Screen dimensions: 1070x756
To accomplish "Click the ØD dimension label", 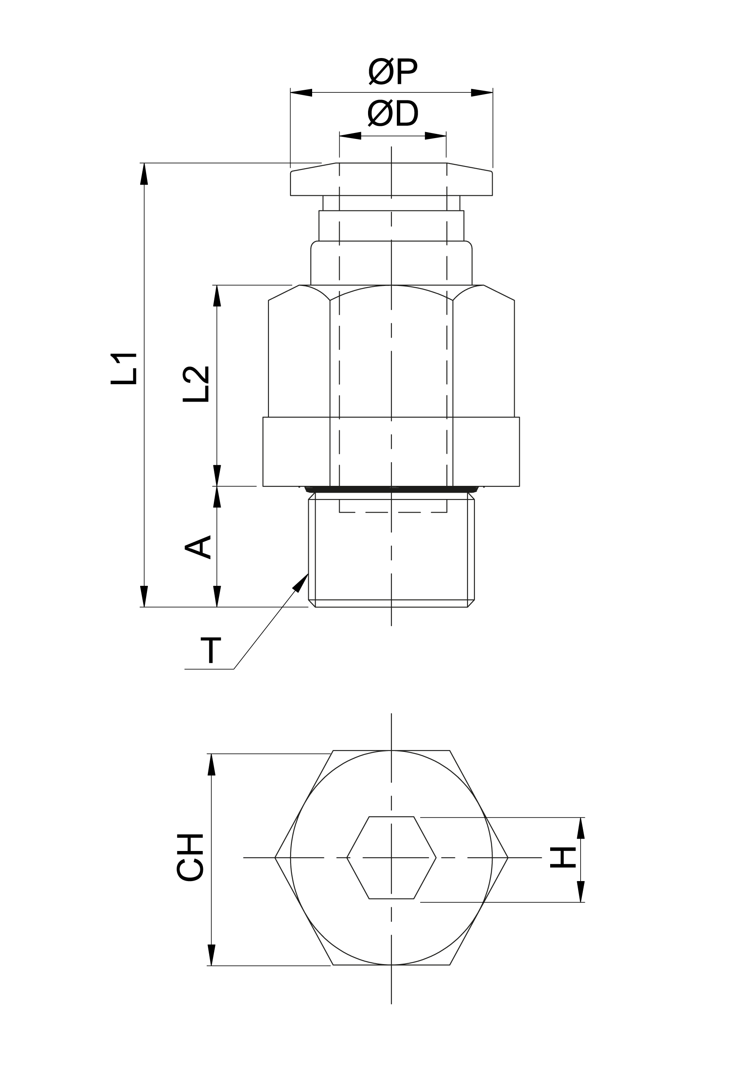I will (393, 114).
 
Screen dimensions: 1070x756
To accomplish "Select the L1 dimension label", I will (124, 369).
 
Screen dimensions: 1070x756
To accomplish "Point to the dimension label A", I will (199, 547).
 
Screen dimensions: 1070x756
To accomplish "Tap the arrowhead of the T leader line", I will (301, 582).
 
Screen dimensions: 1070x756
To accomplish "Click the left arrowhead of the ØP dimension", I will (301, 92).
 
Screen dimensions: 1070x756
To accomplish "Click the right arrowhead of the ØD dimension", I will (435, 136).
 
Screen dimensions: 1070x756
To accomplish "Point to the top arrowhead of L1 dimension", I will (144, 174).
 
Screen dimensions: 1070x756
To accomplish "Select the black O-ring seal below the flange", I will (391, 489).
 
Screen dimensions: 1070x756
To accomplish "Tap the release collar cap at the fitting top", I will (391, 180).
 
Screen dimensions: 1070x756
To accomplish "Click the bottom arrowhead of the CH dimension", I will (211, 955).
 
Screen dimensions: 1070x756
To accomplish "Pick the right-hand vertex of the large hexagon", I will (507, 857).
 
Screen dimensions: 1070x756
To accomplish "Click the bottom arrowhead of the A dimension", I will (217, 596).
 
